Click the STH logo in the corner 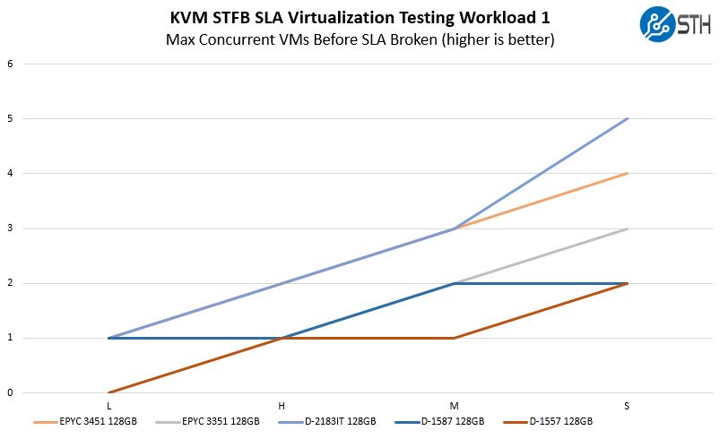point(676,24)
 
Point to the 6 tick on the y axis point(10,64)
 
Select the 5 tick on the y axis point(10,118)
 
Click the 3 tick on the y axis point(10,228)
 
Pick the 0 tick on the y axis point(10,392)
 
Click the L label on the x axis point(108,407)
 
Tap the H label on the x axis point(282,407)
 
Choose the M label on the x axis point(454,407)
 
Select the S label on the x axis point(627,407)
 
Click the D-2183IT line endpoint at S point(627,118)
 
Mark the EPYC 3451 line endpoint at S point(627,173)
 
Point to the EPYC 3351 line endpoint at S point(627,228)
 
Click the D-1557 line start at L point(108,392)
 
